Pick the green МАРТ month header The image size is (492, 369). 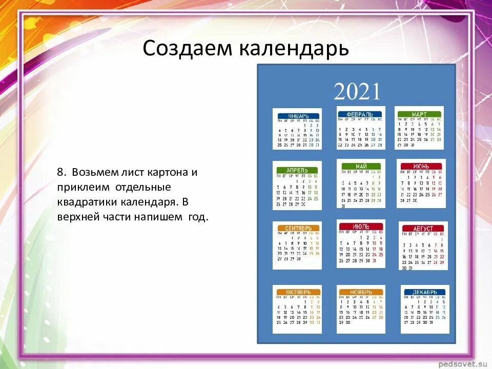tap(419, 114)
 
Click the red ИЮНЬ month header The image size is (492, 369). tap(421, 167)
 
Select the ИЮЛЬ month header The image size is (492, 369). tap(361, 226)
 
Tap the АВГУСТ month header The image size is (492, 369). tap(423, 229)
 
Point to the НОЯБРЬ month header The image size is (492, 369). tap(361, 292)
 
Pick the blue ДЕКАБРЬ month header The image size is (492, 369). tap(424, 292)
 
